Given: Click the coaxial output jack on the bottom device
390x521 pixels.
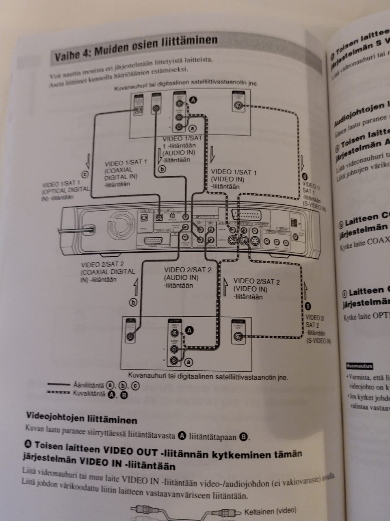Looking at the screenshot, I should tap(131, 335).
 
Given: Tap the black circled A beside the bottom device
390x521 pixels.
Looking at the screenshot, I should tap(189, 331).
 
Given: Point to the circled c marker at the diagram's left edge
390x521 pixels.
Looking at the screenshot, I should tap(85, 174).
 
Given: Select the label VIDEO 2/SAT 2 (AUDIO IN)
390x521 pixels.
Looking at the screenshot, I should tap(187, 277).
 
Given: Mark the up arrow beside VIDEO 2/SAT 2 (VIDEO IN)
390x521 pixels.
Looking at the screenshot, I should tap(226, 286).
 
